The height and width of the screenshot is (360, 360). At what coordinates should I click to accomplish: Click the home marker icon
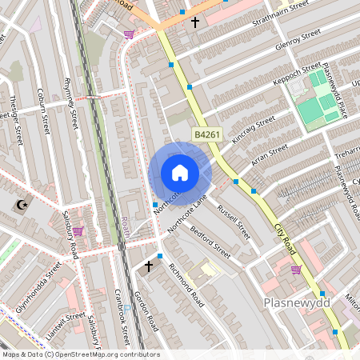[x=180, y=172]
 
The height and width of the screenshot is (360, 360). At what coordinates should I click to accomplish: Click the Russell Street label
[x=233, y=223]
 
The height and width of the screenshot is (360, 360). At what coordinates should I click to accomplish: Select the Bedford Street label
[x=210, y=242]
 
